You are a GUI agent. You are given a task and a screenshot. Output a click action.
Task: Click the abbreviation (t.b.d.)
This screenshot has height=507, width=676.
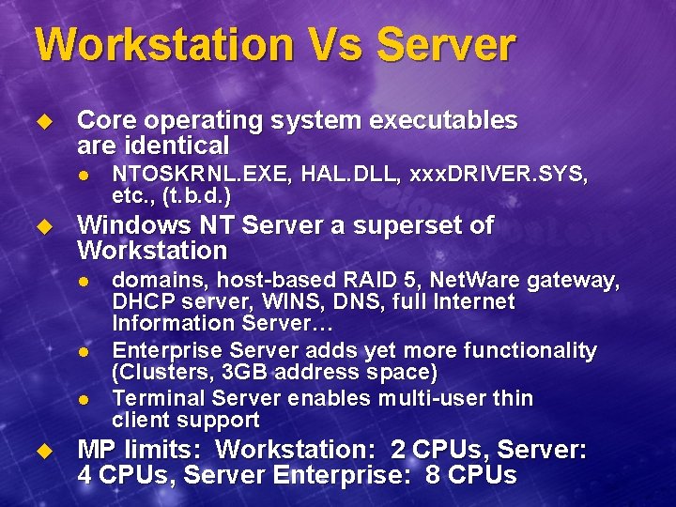coord(196,196)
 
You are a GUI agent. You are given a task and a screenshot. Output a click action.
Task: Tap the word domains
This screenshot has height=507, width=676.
coord(151,279)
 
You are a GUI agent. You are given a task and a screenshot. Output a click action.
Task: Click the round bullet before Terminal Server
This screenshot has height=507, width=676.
coord(83,399)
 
